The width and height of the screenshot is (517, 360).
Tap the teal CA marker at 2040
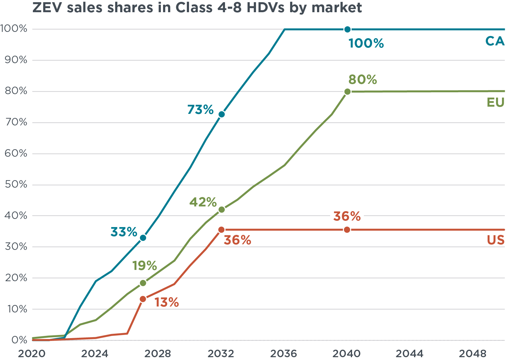click(347, 29)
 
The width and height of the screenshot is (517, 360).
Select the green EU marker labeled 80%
click(347, 92)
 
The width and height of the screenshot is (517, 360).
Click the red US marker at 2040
click(347, 230)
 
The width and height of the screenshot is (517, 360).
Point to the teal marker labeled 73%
click(222, 114)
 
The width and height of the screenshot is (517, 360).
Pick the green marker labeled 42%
click(222, 210)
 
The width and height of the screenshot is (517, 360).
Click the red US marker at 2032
click(221, 230)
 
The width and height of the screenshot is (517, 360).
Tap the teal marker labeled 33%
click(143, 238)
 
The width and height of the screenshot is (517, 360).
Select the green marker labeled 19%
click(143, 283)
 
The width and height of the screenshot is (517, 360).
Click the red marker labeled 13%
click(143, 299)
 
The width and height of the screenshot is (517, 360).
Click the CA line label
click(495, 41)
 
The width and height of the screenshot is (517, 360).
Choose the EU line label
click(495, 103)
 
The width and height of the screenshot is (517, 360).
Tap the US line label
click(495, 240)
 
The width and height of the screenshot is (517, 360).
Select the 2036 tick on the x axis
click(284, 353)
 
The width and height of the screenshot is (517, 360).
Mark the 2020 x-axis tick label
click(31, 353)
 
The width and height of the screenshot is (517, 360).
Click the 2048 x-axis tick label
click(472, 353)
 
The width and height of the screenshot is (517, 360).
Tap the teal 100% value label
click(366, 43)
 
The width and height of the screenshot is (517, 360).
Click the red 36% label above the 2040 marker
click(347, 216)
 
